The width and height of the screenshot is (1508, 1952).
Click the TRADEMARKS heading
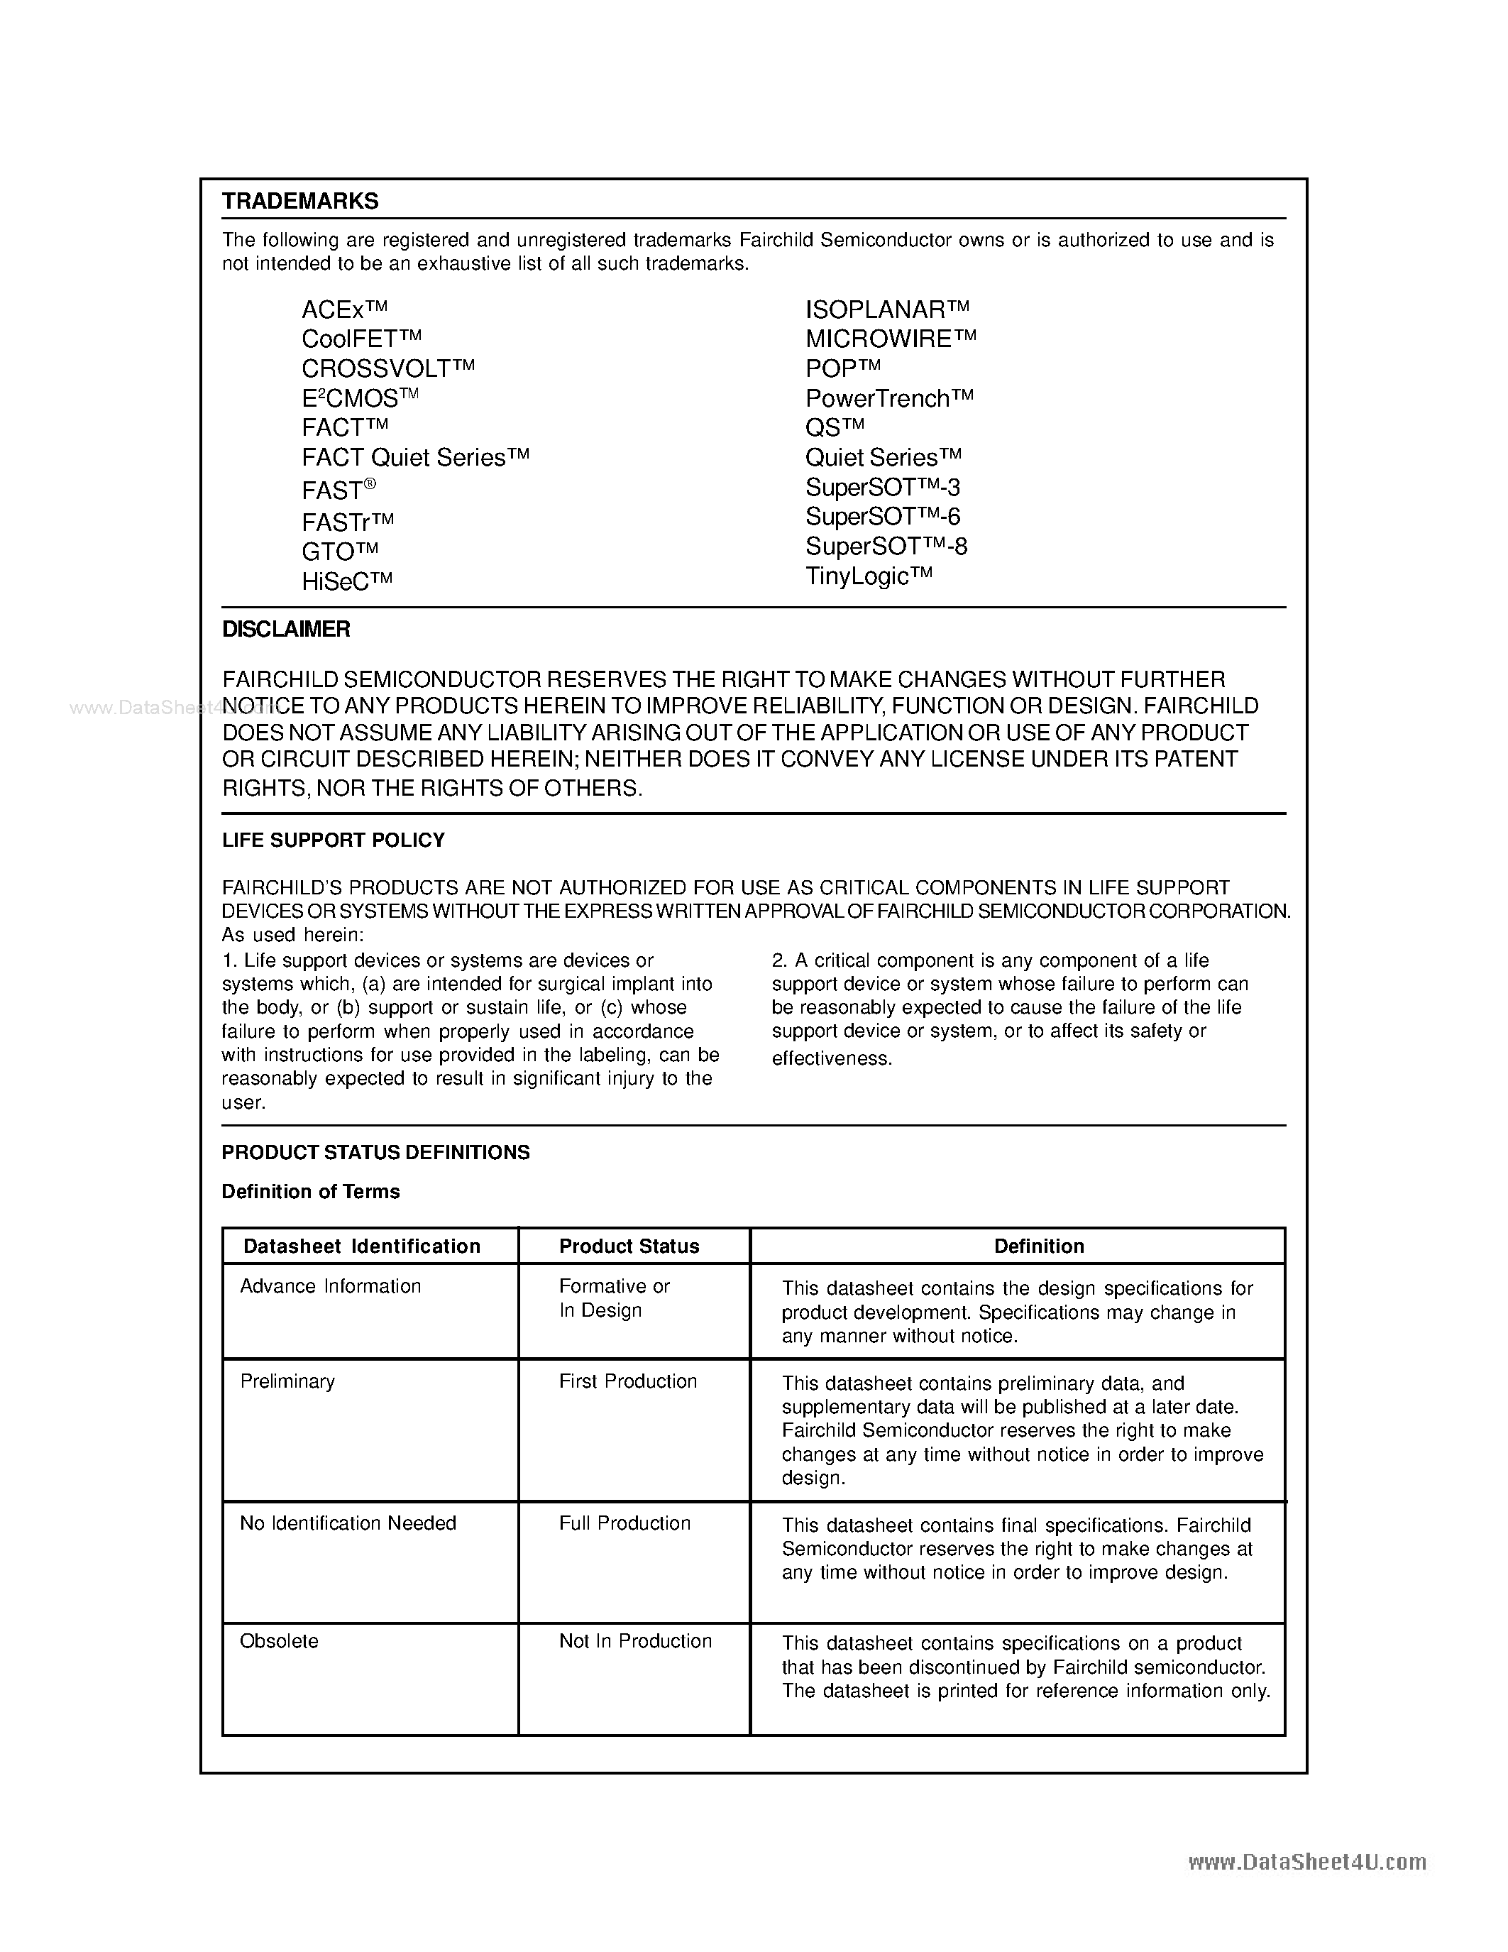click(x=300, y=201)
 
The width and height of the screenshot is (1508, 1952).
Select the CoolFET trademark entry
click(x=361, y=339)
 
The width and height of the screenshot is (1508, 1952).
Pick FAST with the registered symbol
click(x=339, y=490)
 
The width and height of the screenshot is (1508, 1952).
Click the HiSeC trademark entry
click(x=346, y=582)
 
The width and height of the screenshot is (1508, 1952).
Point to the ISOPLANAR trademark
click(x=886, y=310)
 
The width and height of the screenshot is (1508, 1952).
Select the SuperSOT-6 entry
click(x=882, y=517)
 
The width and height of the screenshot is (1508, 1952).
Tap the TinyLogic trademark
click(x=869, y=576)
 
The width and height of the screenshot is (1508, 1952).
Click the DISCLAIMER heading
click(x=286, y=629)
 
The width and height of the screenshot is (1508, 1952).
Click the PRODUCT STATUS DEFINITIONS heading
click(x=375, y=1153)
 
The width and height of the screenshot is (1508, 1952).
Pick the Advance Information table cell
click(x=331, y=1287)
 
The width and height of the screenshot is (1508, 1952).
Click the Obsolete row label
click(x=279, y=1642)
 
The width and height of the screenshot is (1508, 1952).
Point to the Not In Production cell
click(x=635, y=1642)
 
